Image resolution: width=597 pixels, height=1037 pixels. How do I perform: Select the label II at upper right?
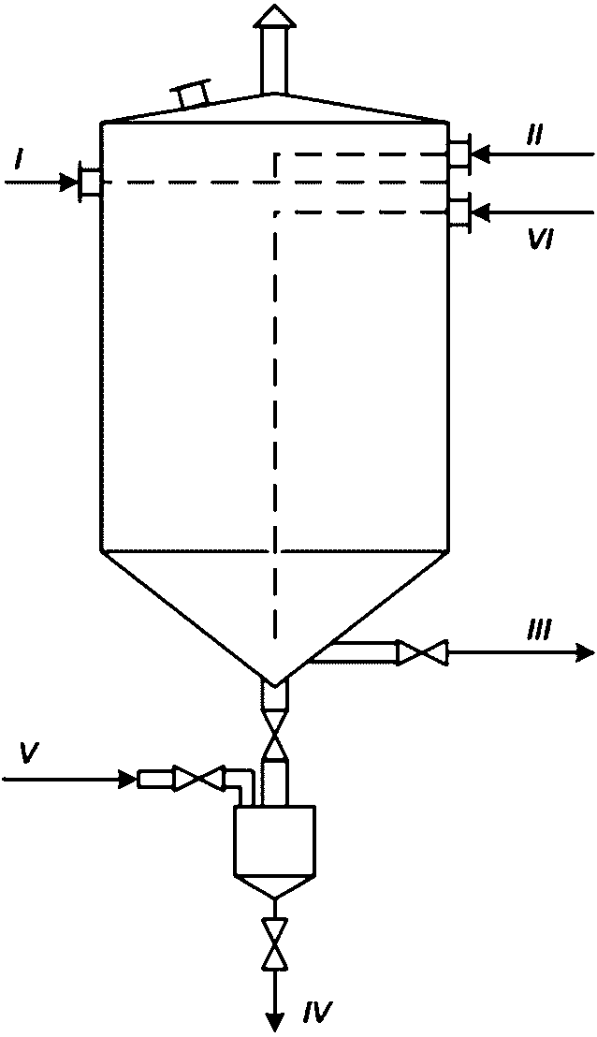(533, 136)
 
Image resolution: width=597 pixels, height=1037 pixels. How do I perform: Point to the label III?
(537, 632)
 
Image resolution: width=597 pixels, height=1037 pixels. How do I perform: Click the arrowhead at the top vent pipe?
(272, 16)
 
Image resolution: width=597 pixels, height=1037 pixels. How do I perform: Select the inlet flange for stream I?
(90, 182)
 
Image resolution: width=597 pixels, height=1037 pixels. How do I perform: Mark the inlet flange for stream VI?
(459, 212)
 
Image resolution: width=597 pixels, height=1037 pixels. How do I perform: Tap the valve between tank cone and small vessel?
(274, 734)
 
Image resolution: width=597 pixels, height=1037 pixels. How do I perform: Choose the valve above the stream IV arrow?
(274, 943)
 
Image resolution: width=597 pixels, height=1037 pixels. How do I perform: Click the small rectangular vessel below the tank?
(274, 840)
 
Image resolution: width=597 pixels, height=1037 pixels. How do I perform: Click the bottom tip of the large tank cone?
(272, 680)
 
